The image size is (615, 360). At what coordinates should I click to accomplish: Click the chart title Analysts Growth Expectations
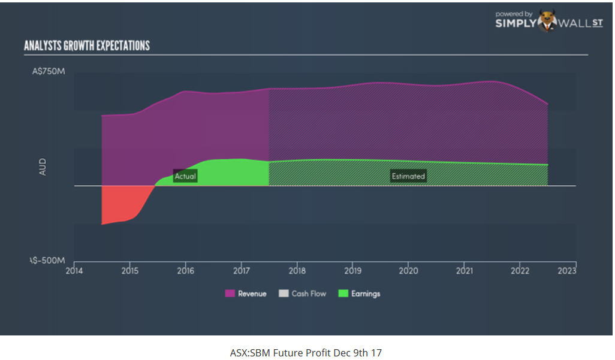(87, 46)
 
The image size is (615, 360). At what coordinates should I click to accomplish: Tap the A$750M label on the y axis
(49, 72)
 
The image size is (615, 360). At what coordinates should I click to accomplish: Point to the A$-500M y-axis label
(49, 261)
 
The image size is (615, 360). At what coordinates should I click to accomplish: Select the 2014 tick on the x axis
(74, 270)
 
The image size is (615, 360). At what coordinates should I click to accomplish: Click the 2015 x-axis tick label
(130, 270)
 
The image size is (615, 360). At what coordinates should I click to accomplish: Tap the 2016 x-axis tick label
(186, 270)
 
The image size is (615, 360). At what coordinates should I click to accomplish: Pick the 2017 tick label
(241, 270)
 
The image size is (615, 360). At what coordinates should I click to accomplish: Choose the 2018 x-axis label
(297, 270)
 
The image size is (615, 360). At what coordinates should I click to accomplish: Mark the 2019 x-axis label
(352, 270)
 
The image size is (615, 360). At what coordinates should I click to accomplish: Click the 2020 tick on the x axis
(408, 270)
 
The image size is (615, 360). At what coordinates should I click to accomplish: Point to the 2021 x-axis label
(464, 270)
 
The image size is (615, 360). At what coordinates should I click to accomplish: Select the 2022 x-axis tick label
(520, 270)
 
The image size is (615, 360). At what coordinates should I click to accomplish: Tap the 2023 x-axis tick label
(567, 270)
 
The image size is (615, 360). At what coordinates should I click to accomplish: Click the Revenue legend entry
(246, 294)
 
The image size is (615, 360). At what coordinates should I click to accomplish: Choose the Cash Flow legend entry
(305, 294)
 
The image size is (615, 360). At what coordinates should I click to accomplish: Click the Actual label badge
(185, 176)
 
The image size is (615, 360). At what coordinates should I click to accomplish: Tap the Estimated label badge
(408, 176)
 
